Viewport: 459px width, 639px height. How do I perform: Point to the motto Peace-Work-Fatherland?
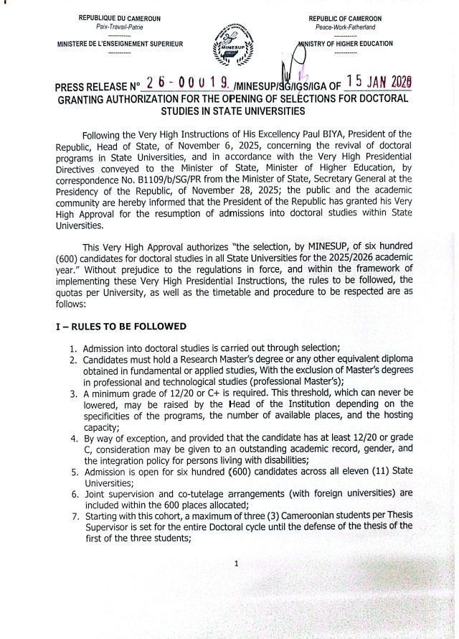(345, 26)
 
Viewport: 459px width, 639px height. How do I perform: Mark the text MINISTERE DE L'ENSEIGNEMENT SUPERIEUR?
(120, 45)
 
